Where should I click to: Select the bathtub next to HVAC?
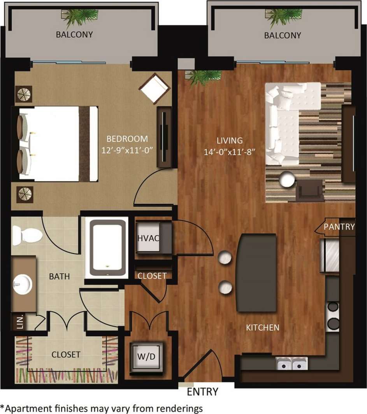[107, 247]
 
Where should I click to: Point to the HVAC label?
[148, 238]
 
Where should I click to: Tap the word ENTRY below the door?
[203, 391]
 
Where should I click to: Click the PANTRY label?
[340, 227]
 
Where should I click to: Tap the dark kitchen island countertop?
[256, 273]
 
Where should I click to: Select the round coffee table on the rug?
[287, 179]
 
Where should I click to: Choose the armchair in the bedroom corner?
[154, 88]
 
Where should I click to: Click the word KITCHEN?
[263, 328]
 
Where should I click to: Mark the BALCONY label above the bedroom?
[74, 34]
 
